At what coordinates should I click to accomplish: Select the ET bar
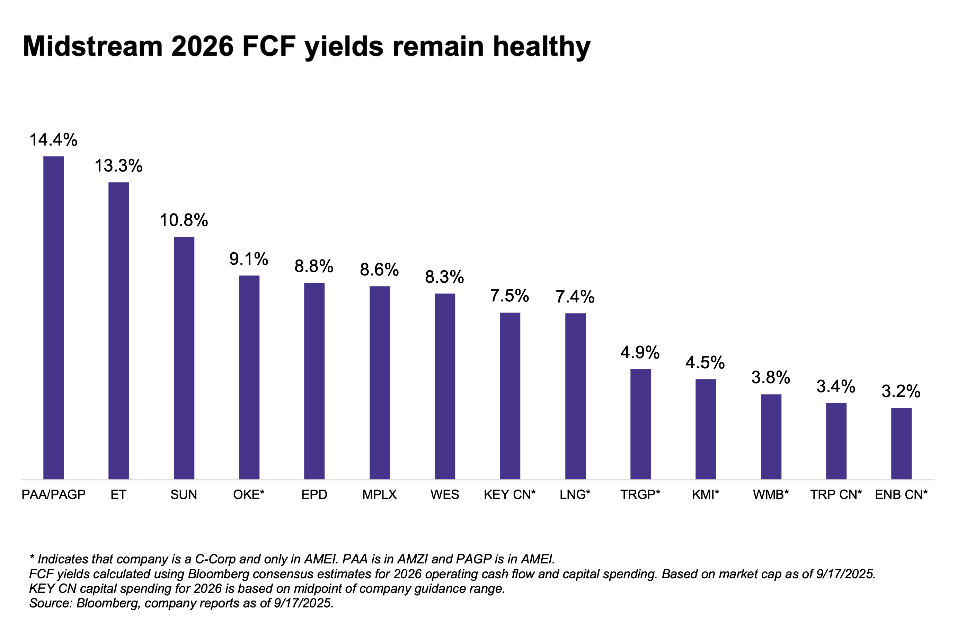118,331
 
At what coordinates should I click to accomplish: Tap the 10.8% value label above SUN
184,220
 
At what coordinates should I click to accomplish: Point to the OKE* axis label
249,495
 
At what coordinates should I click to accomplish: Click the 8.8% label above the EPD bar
314,266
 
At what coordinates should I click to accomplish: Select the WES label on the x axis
445,495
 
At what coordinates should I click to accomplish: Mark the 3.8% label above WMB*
771,378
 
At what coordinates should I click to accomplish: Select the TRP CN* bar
836,441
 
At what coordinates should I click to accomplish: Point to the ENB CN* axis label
901,495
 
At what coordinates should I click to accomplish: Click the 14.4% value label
53,140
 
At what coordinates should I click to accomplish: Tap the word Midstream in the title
92,46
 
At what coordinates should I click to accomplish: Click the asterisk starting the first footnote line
32,557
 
